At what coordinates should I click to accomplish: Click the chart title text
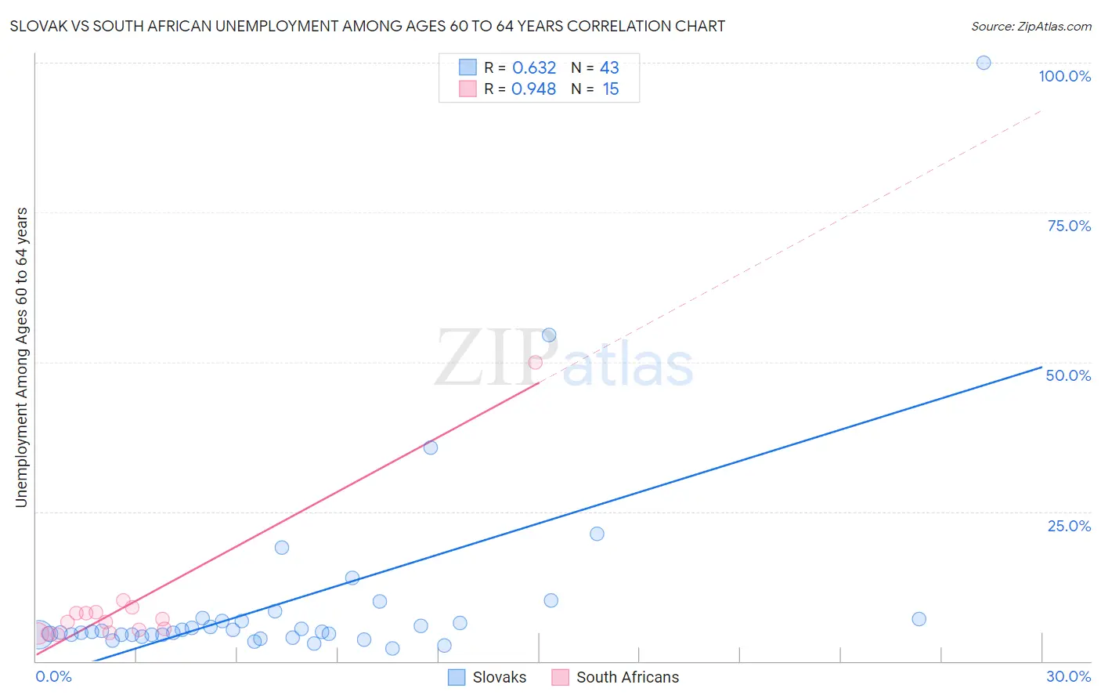(367, 26)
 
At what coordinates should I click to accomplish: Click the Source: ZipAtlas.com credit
(1031, 26)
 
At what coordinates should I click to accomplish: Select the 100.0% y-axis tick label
(1064, 76)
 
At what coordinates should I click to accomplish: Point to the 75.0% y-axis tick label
(1069, 226)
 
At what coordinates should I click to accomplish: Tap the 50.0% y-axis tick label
(1068, 375)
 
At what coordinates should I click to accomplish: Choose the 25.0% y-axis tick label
(1069, 525)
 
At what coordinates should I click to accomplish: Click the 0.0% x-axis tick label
(54, 676)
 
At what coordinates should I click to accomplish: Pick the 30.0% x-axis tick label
(1068, 676)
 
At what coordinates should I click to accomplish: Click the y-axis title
(21, 357)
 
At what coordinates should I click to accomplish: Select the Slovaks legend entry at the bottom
(487, 677)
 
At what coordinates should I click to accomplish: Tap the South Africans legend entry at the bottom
(615, 677)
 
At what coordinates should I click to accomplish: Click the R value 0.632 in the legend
(534, 68)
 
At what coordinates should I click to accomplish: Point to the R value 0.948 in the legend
(533, 89)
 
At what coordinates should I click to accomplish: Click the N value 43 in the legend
(609, 68)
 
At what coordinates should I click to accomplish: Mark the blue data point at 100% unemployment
(984, 63)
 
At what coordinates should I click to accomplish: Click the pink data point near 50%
(536, 362)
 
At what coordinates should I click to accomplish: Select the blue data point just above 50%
(549, 335)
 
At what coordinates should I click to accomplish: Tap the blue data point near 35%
(431, 447)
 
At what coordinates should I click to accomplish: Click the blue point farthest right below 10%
(919, 619)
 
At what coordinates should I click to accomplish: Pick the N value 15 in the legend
(611, 89)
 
